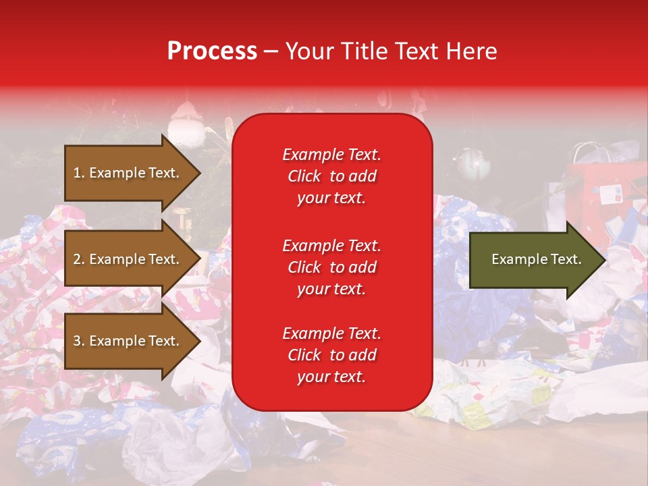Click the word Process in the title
click(212, 51)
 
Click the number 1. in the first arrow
click(79, 173)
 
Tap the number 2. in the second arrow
click(79, 259)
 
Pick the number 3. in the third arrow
click(79, 341)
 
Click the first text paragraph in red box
click(331, 176)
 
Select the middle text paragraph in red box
click(331, 267)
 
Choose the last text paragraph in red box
click(331, 355)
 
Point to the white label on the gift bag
click(610, 194)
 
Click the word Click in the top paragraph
click(304, 176)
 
